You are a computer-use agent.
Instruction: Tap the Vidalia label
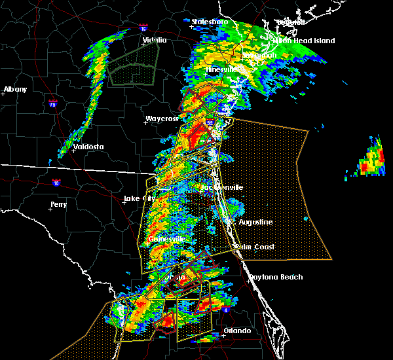pyautogui.click(x=155, y=41)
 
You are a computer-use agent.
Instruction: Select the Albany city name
pyautogui.click(x=15, y=89)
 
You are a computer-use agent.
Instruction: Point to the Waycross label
pyautogui.click(x=162, y=119)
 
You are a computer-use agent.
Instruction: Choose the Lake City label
pyautogui.click(x=140, y=198)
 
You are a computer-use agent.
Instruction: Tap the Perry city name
pyautogui.click(x=58, y=205)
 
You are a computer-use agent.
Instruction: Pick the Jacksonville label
pyautogui.click(x=221, y=187)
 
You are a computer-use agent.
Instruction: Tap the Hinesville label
pyautogui.click(x=223, y=69)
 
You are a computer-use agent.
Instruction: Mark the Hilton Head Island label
pyautogui.click(x=304, y=41)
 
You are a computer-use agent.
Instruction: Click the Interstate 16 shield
pyautogui.click(x=143, y=28)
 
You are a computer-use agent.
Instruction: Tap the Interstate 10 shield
pyautogui.click(x=57, y=183)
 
